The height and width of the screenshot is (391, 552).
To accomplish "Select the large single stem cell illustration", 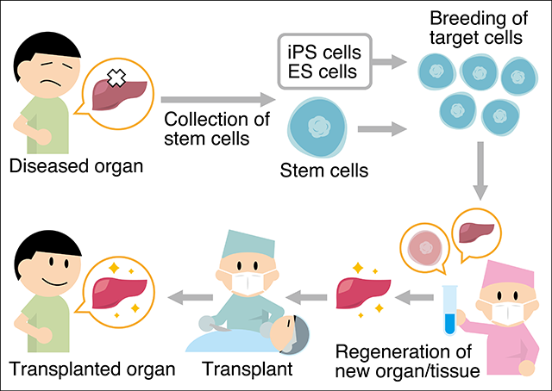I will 319,127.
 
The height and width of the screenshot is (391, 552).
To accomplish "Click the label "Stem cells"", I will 324,171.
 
